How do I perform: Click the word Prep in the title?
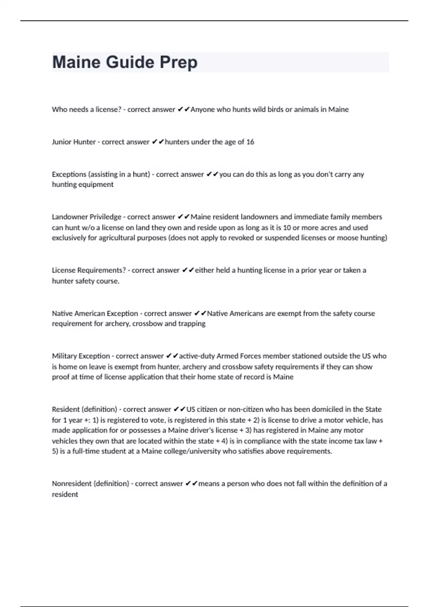pos(178,62)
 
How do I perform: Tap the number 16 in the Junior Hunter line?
pos(250,142)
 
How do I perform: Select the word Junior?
pos(61,142)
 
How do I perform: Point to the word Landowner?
pos(69,217)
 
